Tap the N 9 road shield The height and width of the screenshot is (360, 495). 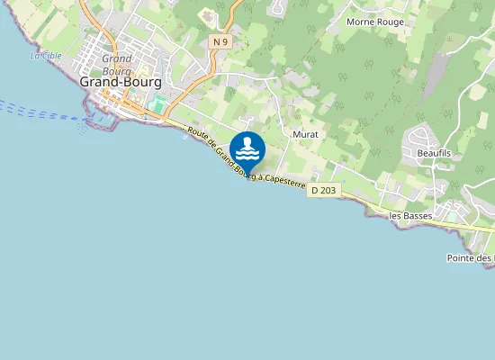click(x=220, y=41)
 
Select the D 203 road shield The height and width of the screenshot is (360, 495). click(x=323, y=191)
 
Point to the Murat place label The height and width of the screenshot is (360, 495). click(x=306, y=134)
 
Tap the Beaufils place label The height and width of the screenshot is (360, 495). click(x=433, y=154)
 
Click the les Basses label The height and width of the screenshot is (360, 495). click(x=410, y=216)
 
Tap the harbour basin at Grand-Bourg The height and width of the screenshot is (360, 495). click(x=101, y=120)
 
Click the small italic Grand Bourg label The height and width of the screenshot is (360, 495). click(x=117, y=64)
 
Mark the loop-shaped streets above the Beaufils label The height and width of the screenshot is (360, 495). click(x=421, y=137)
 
